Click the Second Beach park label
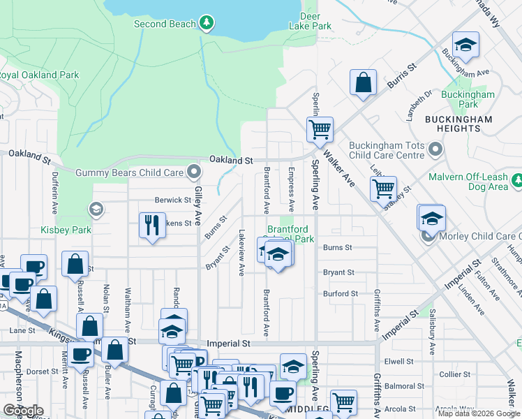160,24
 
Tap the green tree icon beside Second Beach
206,24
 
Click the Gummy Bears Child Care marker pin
195,172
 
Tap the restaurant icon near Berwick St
152,225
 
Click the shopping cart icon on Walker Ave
320,128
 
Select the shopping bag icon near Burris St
363,82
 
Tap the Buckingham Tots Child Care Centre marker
436,149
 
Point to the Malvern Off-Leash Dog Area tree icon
517,181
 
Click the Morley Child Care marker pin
429,236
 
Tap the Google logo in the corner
23,410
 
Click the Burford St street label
340,293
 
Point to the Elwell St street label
399,362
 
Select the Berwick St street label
173,200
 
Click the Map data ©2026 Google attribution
478,413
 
